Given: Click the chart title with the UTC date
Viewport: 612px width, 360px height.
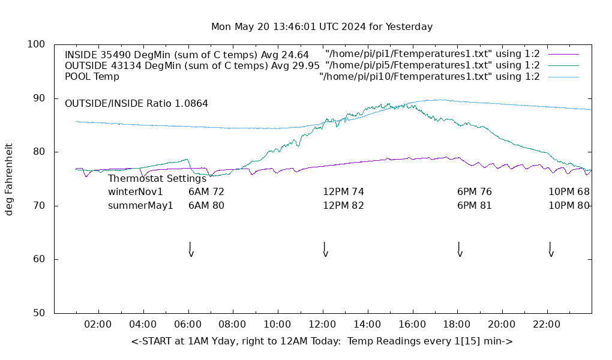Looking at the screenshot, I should [x=322, y=27].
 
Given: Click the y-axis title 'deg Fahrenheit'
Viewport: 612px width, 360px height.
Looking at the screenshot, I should [x=9, y=179].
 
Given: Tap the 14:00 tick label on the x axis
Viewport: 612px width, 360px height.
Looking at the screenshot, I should [x=367, y=325].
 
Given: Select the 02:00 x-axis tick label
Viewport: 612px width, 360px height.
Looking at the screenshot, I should [x=98, y=325].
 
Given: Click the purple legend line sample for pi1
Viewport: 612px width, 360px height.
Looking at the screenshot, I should [x=563, y=54].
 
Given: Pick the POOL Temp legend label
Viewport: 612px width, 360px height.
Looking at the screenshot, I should [x=92, y=77].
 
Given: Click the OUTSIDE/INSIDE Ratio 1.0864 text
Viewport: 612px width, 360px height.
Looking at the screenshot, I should [x=136, y=104].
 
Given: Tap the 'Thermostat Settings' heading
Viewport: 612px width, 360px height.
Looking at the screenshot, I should [x=157, y=179].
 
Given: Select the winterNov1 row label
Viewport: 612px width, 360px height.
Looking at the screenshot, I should [x=135, y=192].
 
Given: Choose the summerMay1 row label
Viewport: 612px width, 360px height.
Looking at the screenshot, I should [x=140, y=206].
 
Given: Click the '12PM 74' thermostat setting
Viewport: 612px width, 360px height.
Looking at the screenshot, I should [x=343, y=192].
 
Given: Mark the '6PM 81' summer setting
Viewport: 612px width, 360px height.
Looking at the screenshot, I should [x=474, y=206].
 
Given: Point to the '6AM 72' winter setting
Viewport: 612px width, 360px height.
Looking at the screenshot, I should [x=206, y=192].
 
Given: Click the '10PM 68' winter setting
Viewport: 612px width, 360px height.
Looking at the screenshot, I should [x=569, y=192].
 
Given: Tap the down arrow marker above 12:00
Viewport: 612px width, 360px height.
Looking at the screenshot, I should [x=325, y=250].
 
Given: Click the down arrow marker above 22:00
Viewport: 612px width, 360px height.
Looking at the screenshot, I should [x=550, y=250].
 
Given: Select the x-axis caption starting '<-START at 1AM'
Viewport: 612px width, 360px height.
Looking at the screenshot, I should [x=322, y=341].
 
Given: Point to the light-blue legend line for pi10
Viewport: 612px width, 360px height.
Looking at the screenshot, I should [x=563, y=77].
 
